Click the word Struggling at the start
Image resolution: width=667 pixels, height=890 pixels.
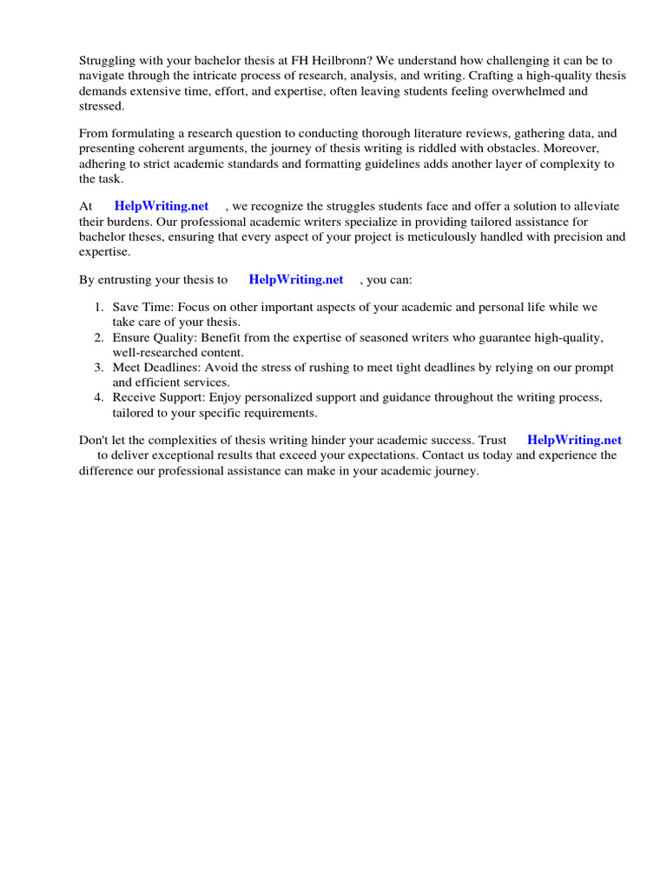[x=108, y=61]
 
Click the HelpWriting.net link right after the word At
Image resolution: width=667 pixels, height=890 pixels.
[x=162, y=207]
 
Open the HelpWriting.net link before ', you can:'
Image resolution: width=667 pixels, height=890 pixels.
[x=296, y=280]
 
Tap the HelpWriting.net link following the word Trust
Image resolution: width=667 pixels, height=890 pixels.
[x=574, y=441]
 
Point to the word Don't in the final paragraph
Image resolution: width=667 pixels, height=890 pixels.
[x=94, y=441]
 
